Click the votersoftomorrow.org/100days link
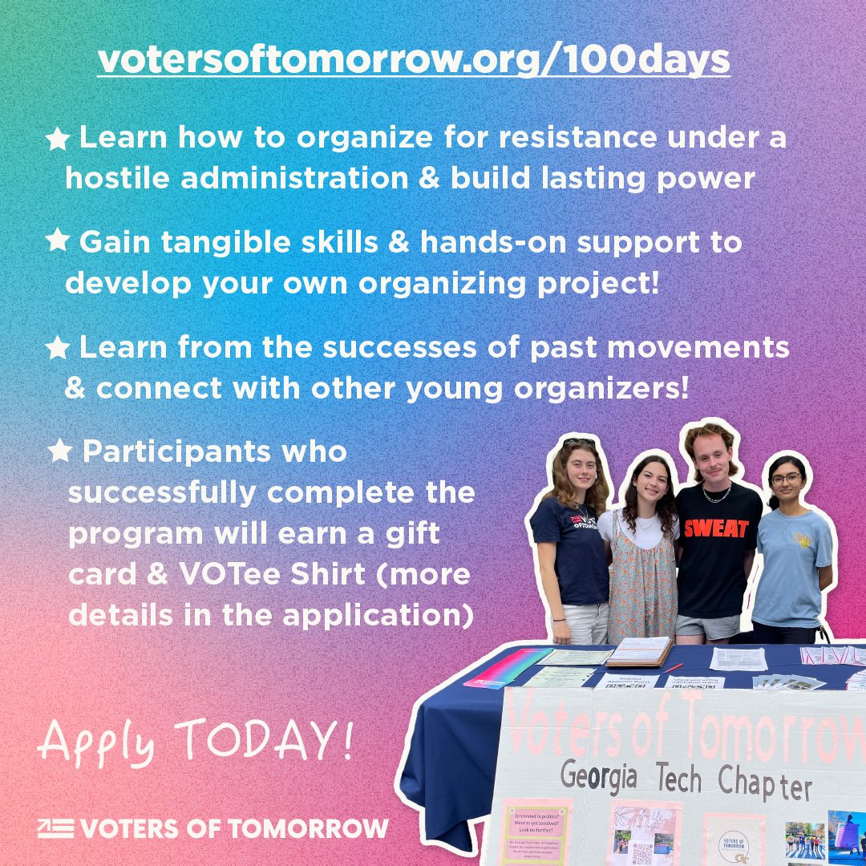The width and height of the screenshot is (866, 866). point(413,60)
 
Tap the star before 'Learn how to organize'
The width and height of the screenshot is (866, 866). point(57,140)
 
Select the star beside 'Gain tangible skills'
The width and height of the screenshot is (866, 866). point(57,241)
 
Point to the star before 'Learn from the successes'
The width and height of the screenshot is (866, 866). point(57,347)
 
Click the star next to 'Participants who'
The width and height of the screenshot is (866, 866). point(59,452)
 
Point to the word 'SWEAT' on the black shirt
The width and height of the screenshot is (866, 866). point(715,528)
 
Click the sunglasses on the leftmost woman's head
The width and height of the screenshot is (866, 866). point(578,443)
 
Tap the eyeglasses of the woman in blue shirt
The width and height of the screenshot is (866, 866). point(787,479)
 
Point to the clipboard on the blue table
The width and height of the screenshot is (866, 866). point(638,651)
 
